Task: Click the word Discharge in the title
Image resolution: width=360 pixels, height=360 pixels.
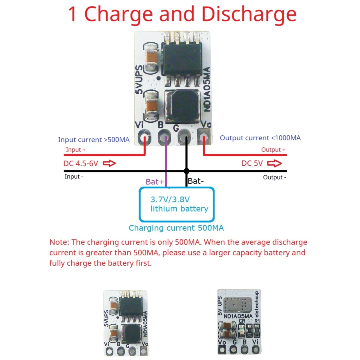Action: (249, 14)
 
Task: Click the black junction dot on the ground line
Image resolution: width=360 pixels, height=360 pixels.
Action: (186, 171)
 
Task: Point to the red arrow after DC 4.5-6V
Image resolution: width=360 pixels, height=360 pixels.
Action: (109, 163)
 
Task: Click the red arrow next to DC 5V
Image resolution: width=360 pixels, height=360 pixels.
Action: (274, 163)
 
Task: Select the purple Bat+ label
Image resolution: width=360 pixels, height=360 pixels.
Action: (155, 182)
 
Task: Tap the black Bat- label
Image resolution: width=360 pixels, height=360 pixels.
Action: (196, 181)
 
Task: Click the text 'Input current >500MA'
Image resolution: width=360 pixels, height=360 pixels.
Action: (94, 140)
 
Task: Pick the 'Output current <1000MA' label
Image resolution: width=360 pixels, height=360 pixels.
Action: (260, 138)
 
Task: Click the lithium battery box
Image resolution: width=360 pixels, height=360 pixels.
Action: (177, 204)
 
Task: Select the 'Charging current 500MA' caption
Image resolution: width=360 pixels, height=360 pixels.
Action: (176, 228)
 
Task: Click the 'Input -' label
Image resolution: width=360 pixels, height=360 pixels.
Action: (74, 177)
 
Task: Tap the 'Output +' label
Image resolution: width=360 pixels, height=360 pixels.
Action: (273, 150)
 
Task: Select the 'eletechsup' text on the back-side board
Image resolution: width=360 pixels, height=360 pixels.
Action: (256, 304)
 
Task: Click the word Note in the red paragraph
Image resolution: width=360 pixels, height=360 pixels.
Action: (59, 242)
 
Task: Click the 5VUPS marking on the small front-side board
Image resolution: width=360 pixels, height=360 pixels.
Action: (106, 319)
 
